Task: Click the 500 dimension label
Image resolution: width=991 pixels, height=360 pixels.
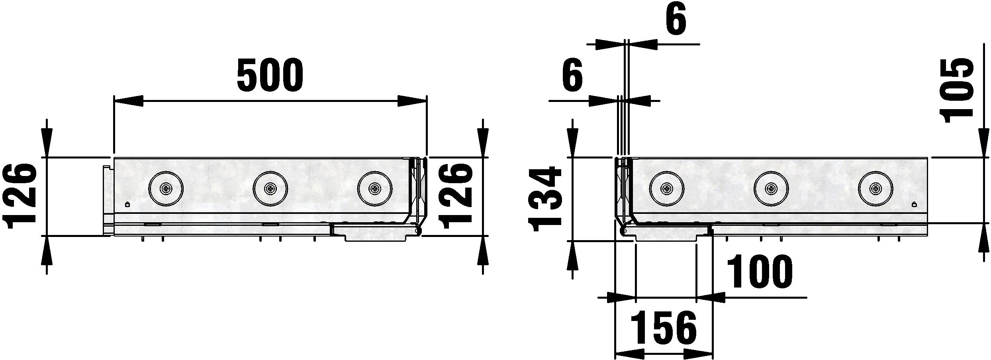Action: [270, 74]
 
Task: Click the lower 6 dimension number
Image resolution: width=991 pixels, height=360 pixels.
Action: [572, 74]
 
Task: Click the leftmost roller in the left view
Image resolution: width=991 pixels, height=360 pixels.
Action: [166, 189]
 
